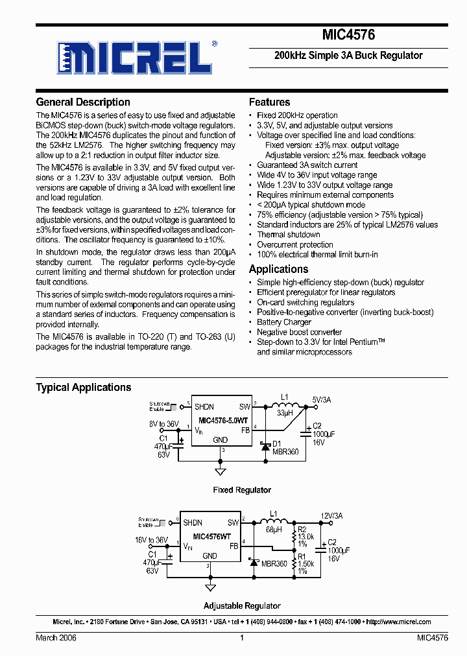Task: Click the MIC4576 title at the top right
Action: [x=348, y=36]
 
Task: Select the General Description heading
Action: [x=83, y=102]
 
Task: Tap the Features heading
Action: [x=269, y=102]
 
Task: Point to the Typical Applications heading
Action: [x=84, y=387]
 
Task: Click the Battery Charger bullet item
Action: [x=284, y=322]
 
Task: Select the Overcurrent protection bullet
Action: [x=295, y=244]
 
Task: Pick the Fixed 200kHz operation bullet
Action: [x=297, y=115]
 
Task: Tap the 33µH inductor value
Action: [x=285, y=412]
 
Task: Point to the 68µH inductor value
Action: [x=273, y=529]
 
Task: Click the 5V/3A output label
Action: [x=321, y=400]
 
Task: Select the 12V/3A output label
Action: [x=331, y=516]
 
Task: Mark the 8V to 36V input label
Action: [x=163, y=423]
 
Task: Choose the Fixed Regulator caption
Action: [x=242, y=490]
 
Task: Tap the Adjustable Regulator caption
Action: [x=242, y=605]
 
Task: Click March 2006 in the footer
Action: [x=56, y=638]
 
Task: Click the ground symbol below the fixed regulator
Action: [x=221, y=471]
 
